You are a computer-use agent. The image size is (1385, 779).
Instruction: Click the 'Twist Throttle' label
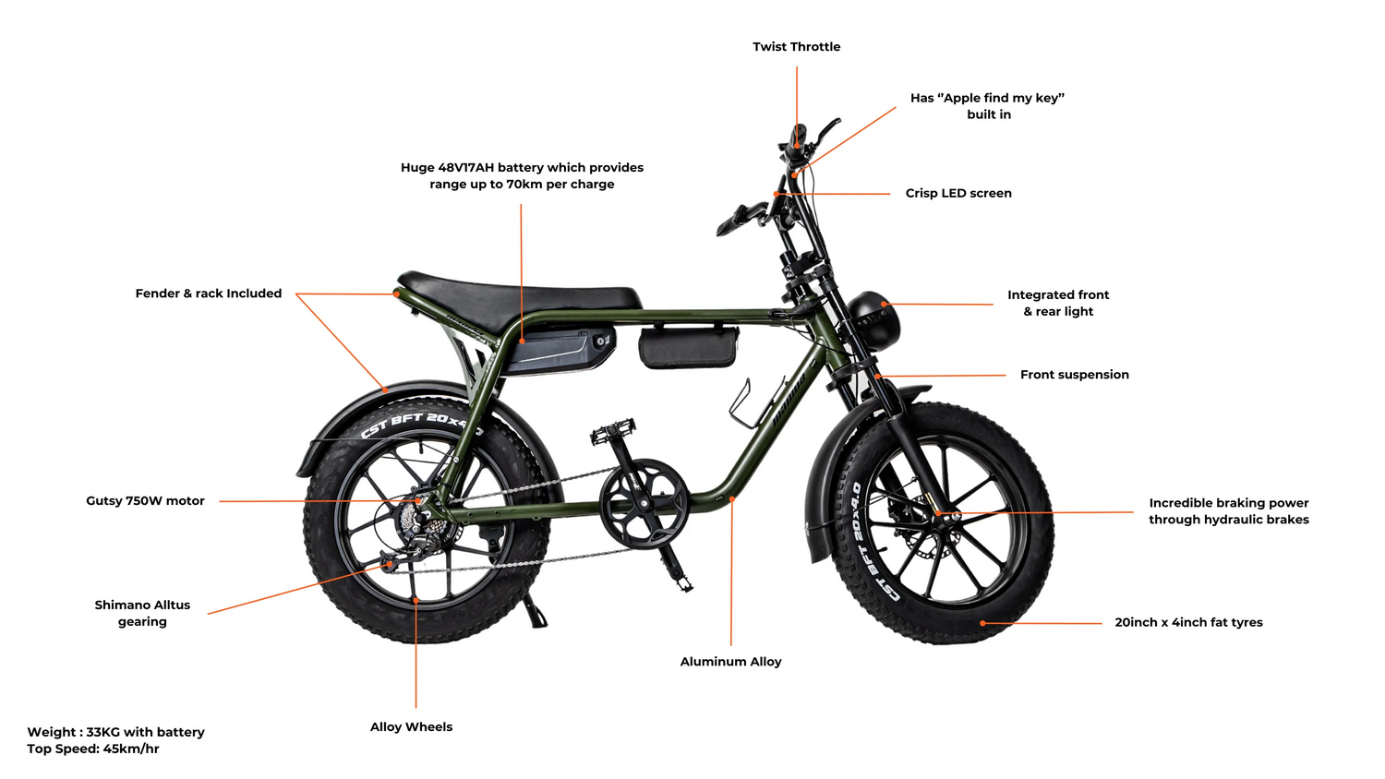coord(796,47)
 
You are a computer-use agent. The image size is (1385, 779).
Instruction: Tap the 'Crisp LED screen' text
coord(958,194)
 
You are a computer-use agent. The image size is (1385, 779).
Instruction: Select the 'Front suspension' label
coord(1075,375)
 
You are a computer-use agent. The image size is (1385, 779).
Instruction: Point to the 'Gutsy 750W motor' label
coord(145,501)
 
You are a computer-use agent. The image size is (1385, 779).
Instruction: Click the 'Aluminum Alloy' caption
coord(731,662)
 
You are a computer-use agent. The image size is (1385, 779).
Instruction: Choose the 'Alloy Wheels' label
coord(411,727)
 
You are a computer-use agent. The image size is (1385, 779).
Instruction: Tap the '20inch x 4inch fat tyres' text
coord(1188,623)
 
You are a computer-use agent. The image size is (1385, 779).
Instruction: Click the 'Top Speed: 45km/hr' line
coord(92,749)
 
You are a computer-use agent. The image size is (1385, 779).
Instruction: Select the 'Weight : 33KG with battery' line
coord(115,732)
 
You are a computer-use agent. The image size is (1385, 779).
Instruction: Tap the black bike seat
coord(519,294)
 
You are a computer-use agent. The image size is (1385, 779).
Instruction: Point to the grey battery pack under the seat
coord(560,350)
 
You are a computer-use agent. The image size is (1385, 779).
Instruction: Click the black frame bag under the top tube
coord(688,347)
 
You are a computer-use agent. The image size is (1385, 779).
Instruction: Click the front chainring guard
coord(643,503)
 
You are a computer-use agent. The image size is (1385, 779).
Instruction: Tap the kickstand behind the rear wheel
coord(536,611)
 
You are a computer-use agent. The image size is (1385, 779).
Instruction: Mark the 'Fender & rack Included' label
coord(209,294)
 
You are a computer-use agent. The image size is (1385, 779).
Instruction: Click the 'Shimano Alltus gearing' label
coord(142,613)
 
